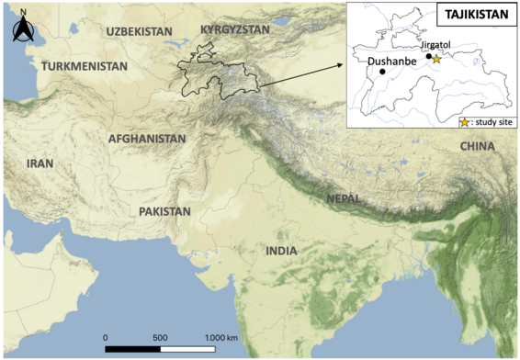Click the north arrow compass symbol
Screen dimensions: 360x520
22,29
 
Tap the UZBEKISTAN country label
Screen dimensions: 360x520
140,31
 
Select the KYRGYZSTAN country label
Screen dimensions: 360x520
234,29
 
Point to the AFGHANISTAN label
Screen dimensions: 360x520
147,139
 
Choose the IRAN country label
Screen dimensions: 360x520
40,163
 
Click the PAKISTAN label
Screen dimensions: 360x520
164,211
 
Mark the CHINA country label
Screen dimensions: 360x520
477,146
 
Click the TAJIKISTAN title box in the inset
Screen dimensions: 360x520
473,16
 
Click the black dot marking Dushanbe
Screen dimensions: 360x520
382,71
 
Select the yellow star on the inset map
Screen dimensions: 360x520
436,59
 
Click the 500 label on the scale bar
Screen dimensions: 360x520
160,337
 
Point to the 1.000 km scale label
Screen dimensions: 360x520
220,337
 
